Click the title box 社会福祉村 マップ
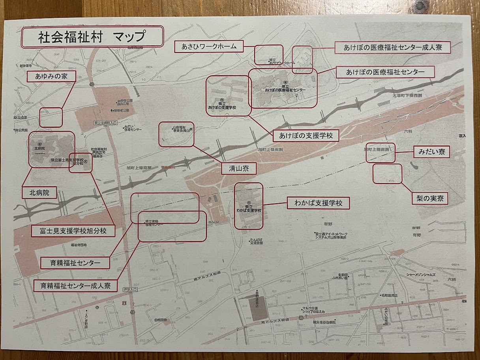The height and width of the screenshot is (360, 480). (92, 37)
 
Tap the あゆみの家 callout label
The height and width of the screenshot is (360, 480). (51, 77)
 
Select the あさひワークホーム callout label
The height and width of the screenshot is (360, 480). (209, 47)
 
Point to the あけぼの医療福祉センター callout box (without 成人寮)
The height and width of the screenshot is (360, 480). (385, 72)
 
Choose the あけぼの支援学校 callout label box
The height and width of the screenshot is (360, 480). (306, 136)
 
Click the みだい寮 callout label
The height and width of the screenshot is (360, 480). (431, 152)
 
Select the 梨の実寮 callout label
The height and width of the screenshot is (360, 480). (430, 198)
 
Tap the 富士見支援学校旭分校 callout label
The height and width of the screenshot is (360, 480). (73, 231)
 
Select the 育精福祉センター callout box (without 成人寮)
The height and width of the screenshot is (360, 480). (75, 262)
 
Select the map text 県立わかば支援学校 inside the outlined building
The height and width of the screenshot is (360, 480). (249, 208)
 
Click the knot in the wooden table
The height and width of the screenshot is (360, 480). (417, 6)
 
